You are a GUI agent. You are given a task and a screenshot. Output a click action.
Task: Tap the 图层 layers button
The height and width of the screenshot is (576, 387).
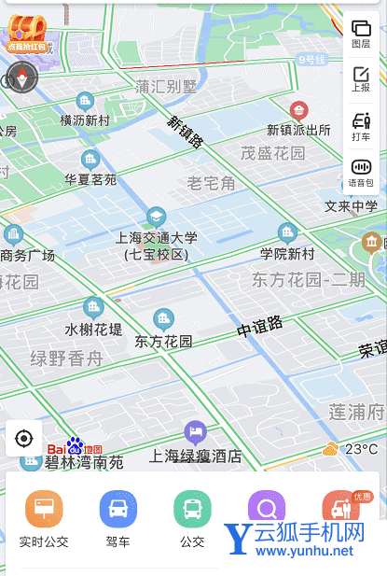(x=361, y=34)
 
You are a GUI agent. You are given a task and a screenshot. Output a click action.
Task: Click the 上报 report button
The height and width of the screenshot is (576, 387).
(x=361, y=78)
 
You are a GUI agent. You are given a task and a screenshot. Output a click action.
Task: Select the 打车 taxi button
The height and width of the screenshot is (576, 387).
(x=361, y=125)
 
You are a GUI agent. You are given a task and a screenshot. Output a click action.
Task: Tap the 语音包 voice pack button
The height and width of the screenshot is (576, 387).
(x=361, y=171)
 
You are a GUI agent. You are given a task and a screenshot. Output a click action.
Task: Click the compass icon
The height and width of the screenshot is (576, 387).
(x=22, y=78)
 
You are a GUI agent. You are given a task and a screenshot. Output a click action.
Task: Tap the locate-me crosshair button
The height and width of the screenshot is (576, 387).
(x=24, y=438)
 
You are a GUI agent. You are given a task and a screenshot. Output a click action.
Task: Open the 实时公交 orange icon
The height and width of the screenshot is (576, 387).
(x=44, y=509)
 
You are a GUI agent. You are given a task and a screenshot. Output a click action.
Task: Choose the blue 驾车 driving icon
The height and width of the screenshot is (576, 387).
(x=118, y=509)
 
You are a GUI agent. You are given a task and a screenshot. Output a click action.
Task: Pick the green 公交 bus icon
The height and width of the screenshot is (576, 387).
(x=192, y=509)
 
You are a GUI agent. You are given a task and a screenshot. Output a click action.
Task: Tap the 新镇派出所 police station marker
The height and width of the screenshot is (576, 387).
(x=299, y=110)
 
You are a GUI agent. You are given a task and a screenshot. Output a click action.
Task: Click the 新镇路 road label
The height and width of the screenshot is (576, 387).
(x=186, y=132)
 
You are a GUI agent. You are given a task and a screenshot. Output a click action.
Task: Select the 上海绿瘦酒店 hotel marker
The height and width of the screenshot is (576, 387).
(x=195, y=432)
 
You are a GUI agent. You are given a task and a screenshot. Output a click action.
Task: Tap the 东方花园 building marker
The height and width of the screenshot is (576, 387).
(x=164, y=319)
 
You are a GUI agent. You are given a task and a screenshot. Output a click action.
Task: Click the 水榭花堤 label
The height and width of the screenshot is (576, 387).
(x=93, y=330)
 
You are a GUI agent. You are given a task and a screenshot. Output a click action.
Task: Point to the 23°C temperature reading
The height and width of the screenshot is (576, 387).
(x=361, y=449)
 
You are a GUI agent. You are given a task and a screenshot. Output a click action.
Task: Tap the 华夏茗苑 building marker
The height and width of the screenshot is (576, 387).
(x=90, y=160)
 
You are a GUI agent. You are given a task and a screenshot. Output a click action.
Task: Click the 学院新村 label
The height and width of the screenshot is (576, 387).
(x=286, y=253)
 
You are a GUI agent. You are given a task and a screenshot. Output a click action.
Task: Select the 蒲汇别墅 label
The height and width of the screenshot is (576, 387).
(x=167, y=87)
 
